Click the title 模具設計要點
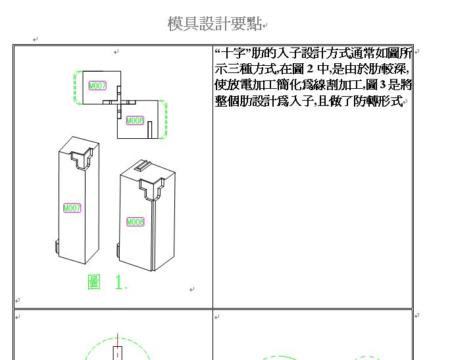pos(214,24)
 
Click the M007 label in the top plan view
pos(97,86)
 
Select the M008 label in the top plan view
pos(135,120)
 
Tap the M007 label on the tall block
pos(72,208)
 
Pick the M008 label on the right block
pos(135,222)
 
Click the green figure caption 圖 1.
pos(107,282)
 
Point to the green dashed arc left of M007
pos(75,88)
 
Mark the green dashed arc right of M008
pos(165,119)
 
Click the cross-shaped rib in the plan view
pos(119,103)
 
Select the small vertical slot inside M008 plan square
pos(149,130)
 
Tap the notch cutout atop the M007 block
pos(82,158)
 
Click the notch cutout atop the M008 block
pos(151,189)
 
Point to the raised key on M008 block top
pos(143,165)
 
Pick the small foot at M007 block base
pos(57,247)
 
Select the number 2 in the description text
pos(310,69)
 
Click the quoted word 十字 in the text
pos(233,53)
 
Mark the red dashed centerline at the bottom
pos(117,347)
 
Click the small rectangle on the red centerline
pos(118,353)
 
